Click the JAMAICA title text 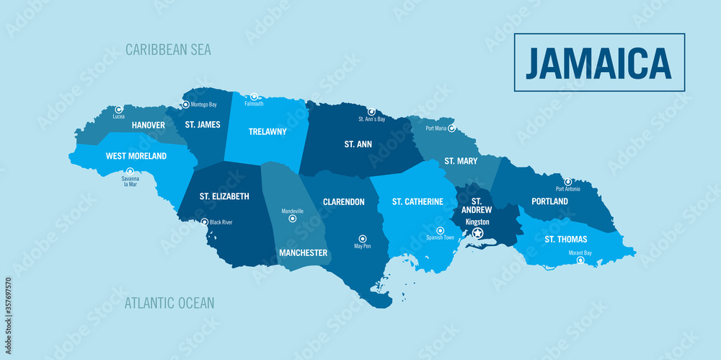click(x=598, y=63)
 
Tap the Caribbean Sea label click(x=168, y=50)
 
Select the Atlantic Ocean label click(x=169, y=303)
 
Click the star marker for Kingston click(x=477, y=233)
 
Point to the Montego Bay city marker click(x=185, y=105)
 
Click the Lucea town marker click(x=119, y=110)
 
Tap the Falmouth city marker click(x=254, y=96)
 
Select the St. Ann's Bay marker click(x=371, y=112)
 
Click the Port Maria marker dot click(x=451, y=128)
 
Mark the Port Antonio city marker click(x=568, y=182)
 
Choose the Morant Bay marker click(x=580, y=260)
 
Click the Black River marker click(x=205, y=222)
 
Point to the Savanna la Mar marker click(x=130, y=171)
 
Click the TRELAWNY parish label click(x=267, y=132)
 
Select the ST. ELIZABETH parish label click(x=224, y=196)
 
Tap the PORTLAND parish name click(x=549, y=201)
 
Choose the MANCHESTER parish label click(x=303, y=253)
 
